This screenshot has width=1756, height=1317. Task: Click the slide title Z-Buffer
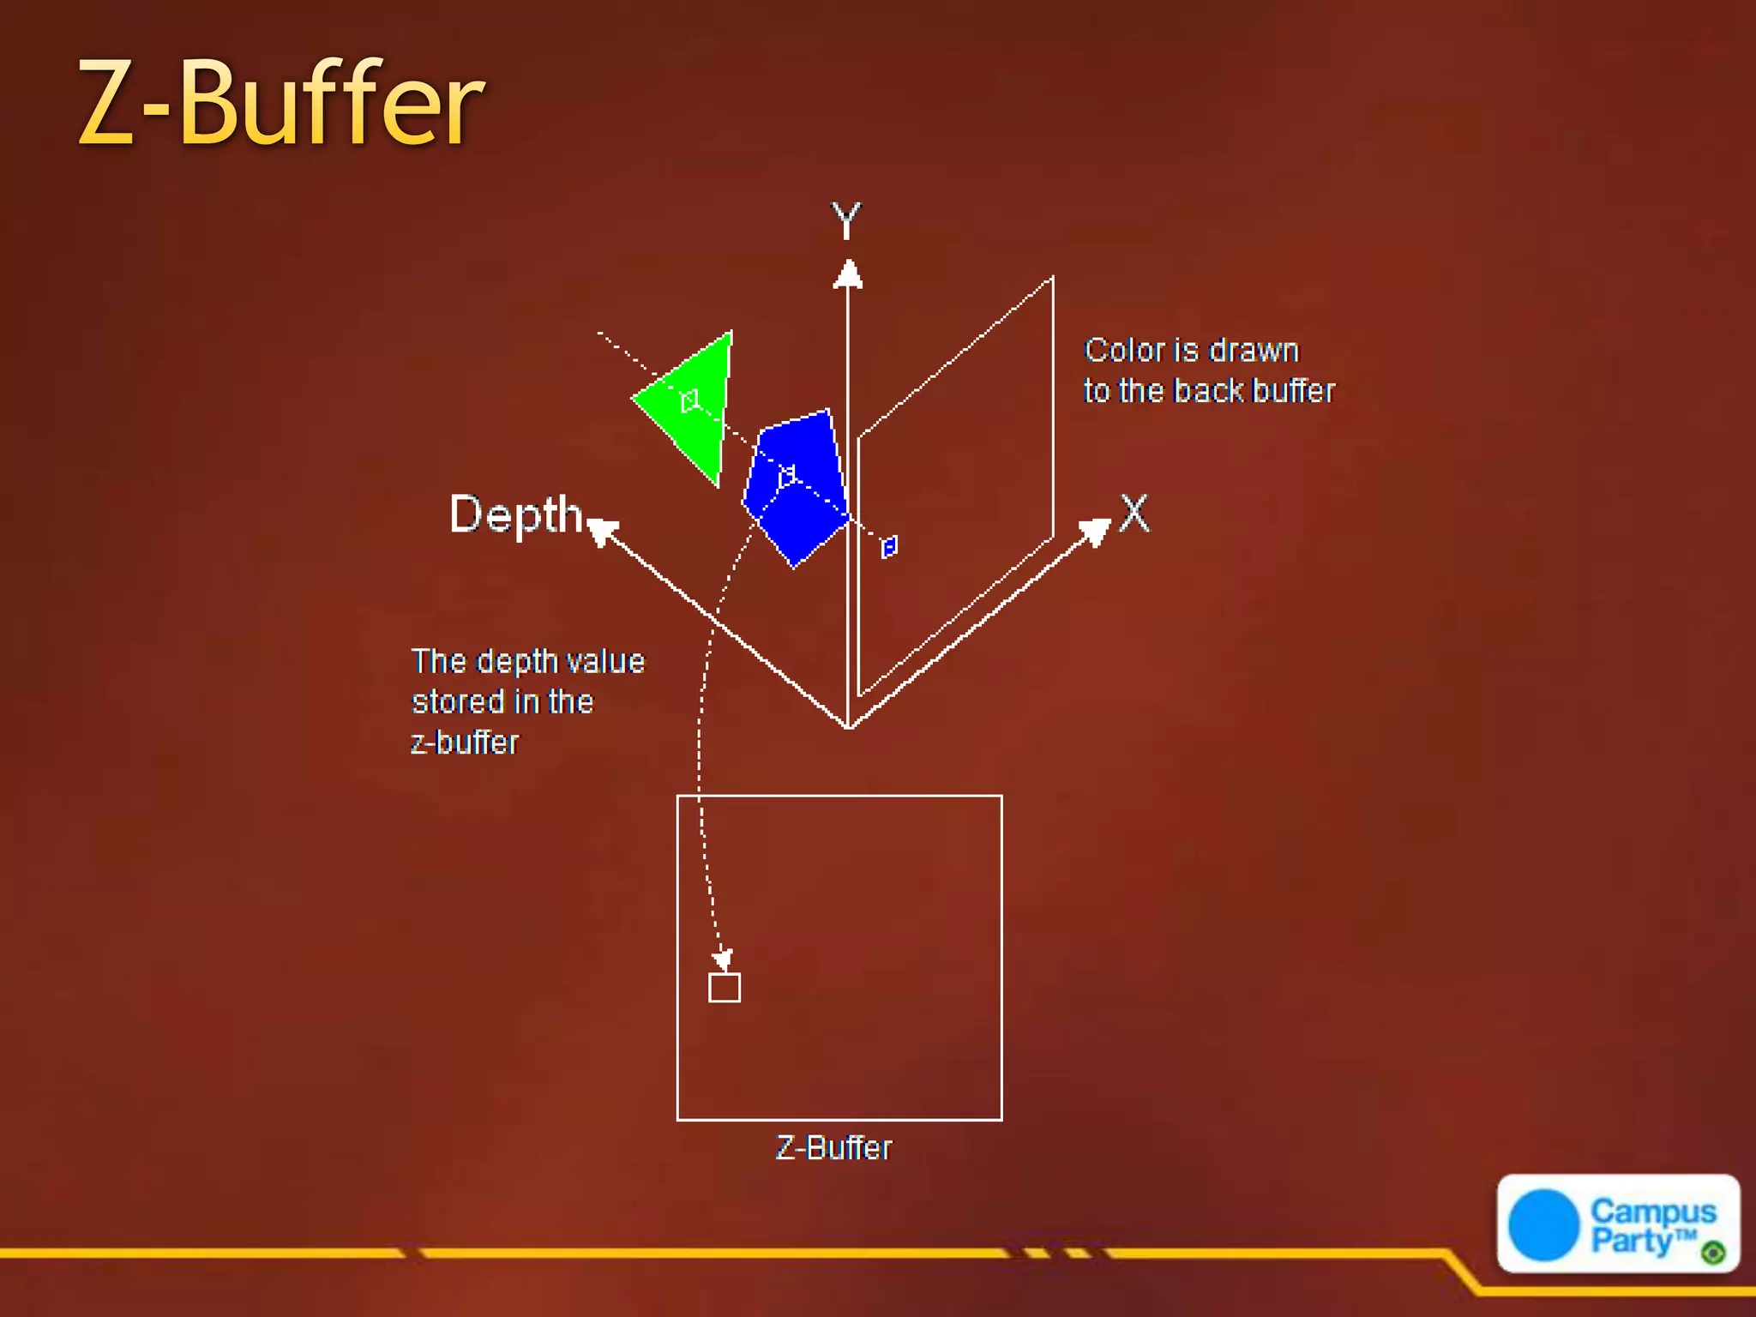click(281, 104)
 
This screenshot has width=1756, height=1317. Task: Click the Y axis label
click(846, 221)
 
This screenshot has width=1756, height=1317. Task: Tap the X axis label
click(1134, 513)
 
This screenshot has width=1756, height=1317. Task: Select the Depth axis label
click(515, 514)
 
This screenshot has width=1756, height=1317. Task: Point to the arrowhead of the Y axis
click(848, 274)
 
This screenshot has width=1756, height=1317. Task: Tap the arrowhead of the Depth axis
click(603, 531)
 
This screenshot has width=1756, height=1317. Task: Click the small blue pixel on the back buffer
click(889, 546)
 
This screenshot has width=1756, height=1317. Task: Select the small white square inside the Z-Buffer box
click(725, 988)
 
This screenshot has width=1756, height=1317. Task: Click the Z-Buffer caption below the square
click(833, 1148)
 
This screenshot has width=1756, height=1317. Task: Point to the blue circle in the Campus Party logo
click(1543, 1224)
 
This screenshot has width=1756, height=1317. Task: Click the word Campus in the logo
click(1653, 1212)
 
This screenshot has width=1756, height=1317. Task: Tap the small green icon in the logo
click(1713, 1253)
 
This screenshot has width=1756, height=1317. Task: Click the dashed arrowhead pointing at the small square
click(724, 959)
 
